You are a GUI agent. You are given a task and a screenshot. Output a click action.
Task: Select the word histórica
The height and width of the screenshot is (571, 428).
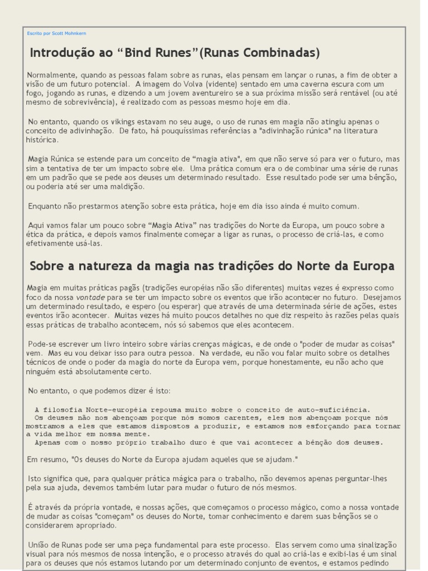42,140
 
